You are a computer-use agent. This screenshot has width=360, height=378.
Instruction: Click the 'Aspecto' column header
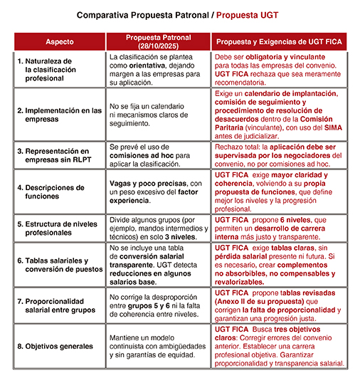(59, 41)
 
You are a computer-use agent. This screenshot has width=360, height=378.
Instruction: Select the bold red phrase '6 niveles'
(307, 220)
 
